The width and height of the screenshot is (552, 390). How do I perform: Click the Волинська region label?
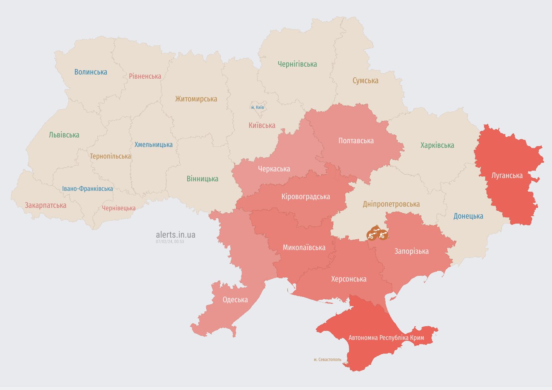point(91,72)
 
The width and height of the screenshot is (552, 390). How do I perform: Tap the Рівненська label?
point(145,76)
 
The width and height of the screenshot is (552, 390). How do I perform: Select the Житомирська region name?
point(196,99)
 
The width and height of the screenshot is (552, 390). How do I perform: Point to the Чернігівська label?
point(297,64)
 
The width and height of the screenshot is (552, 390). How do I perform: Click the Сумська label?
point(365,81)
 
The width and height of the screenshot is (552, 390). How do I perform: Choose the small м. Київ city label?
point(258,108)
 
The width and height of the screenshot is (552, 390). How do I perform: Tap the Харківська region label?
point(437,145)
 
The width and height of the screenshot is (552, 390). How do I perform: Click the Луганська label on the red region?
point(507,176)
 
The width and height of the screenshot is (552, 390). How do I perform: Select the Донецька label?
point(468,216)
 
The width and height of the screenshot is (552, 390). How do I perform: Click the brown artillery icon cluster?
point(377,234)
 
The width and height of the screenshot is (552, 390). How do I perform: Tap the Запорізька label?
point(411,251)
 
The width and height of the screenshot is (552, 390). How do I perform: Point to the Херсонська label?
point(349,279)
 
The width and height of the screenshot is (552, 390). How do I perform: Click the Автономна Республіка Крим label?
point(386,338)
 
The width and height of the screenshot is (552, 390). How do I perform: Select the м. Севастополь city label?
point(328,359)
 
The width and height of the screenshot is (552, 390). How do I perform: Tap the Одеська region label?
point(235,300)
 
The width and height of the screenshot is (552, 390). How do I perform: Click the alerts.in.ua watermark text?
point(176,235)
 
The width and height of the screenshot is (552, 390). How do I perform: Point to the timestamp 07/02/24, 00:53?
point(170,241)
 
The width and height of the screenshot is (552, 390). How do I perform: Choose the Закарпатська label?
point(46,205)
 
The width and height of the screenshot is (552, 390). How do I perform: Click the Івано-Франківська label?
point(87,189)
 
